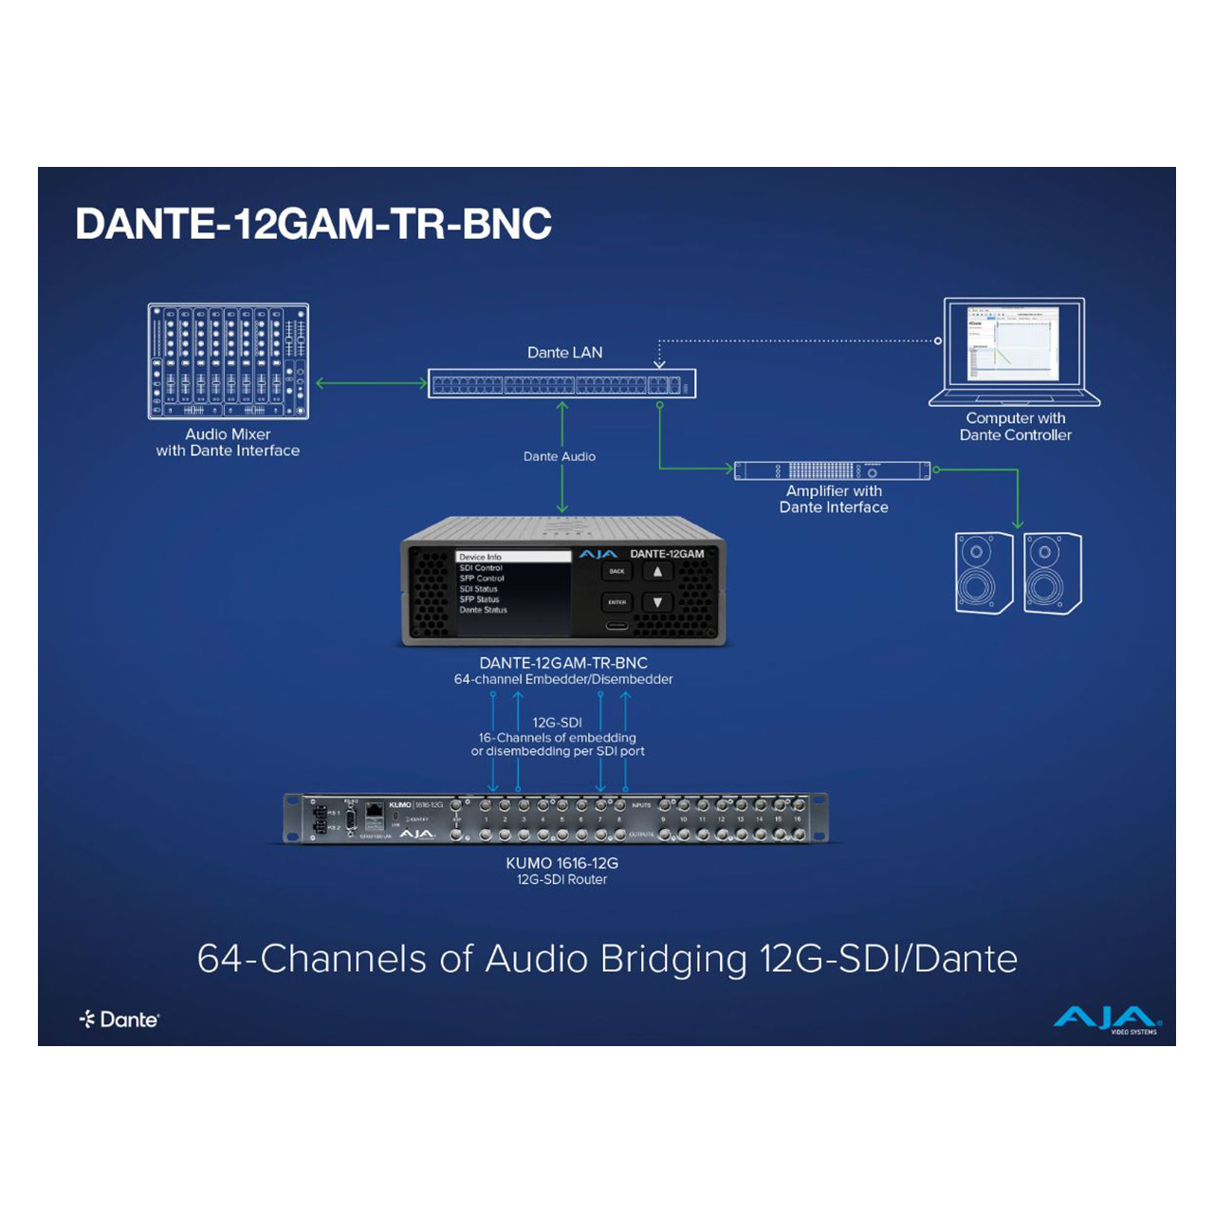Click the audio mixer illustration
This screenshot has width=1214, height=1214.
[229, 361]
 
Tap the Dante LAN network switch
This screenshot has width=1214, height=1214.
[561, 384]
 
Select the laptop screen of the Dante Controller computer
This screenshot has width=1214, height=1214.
[1014, 342]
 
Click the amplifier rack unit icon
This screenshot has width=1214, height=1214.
[832, 470]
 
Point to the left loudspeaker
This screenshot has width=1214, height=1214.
[984, 573]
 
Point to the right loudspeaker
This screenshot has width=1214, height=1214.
[1053, 573]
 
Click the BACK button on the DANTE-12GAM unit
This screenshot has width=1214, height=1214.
[616, 571]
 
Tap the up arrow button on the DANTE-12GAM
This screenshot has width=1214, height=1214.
[657, 571]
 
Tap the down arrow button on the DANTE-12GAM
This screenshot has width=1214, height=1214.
[657, 602]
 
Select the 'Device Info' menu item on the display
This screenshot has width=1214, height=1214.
[481, 557]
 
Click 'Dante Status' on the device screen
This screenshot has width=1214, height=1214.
[483, 610]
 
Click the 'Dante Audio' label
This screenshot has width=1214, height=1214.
[560, 456]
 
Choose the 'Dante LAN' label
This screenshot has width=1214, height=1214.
[564, 353]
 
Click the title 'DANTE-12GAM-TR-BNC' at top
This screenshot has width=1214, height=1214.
[313, 224]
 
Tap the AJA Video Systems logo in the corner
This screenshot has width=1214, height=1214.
[1107, 1020]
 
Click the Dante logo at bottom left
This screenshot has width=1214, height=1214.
[120, 1020]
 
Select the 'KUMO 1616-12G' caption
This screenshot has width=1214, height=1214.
[561, 863]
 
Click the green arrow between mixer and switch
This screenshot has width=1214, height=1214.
[371, 383]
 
